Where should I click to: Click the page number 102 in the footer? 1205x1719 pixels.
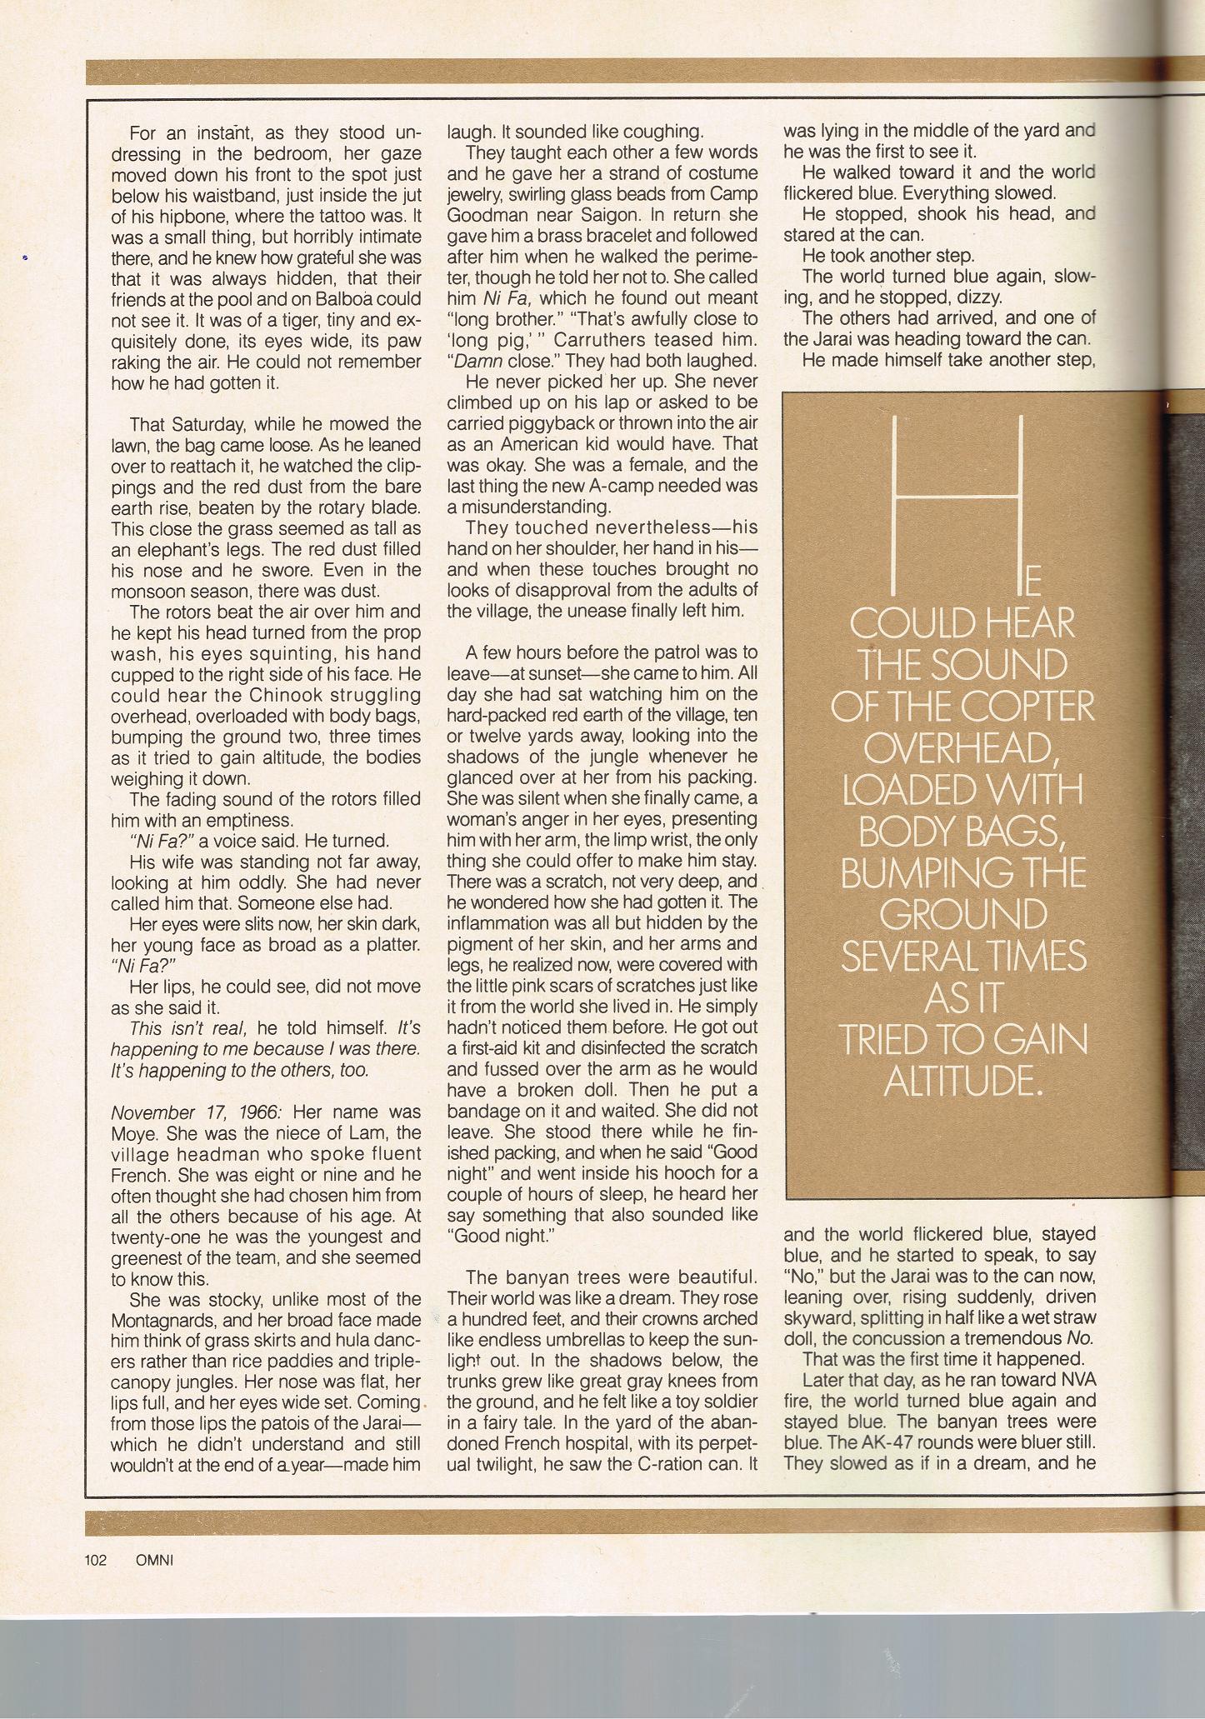(96, 1560)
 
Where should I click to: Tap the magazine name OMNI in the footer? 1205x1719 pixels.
(153, 1560)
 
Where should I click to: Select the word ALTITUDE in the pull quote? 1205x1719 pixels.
(962, 1081)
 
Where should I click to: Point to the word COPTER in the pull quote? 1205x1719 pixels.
(1027, 707)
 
